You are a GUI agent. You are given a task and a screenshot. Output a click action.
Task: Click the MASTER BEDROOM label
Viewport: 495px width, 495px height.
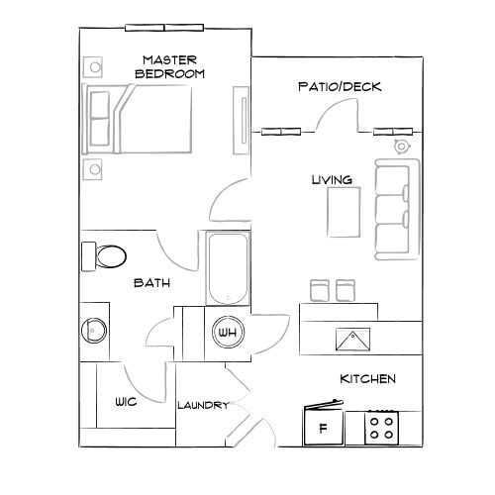tap(169, 67)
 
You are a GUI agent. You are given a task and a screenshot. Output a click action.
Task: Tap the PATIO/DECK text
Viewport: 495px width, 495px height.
tap(340, 87)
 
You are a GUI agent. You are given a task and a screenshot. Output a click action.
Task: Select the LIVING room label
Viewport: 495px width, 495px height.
tap(332, 179)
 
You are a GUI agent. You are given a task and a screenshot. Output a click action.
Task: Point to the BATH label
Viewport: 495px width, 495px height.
tap(152, 283)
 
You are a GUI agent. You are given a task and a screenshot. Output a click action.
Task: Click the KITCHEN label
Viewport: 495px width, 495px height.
tap(368, 379)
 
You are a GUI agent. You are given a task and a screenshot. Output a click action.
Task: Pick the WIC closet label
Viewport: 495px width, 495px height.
tap(125, 403)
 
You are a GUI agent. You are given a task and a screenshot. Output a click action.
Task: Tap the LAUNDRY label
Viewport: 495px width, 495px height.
tap(203, 405)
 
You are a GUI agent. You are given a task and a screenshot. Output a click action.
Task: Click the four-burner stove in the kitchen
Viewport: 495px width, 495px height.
tap(381, 428)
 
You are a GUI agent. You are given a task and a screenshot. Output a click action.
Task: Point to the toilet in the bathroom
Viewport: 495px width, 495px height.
tap(104, 255)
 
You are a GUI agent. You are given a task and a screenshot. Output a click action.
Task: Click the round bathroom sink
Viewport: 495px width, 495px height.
tap(94, 330)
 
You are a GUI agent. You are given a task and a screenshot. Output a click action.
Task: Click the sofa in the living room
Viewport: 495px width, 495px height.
tap(396, 208)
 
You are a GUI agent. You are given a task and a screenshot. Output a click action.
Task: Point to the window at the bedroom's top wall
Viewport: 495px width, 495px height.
tap(165, 27)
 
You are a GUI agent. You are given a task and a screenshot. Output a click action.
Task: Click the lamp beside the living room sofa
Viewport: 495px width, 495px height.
tap(400, 147)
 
